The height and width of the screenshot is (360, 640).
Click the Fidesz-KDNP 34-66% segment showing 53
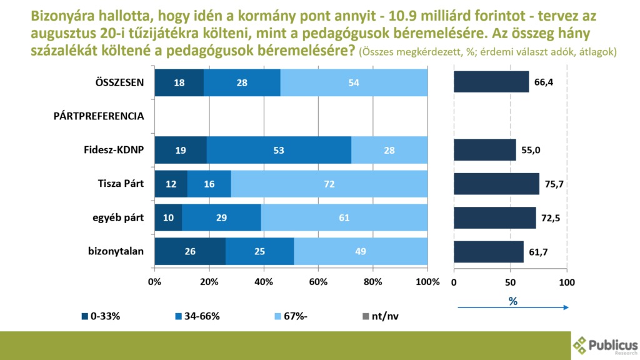click(279, 150)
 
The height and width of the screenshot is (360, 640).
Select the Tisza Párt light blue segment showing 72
click(329, 184)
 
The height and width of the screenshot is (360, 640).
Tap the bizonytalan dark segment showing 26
click(190, 251)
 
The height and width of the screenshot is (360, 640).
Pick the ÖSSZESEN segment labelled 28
click(242, 82)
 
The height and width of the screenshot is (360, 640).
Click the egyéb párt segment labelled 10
click(168, 217)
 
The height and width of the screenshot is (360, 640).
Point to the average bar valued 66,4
click(491, 82)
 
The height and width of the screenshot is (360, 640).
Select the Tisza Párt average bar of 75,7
click(496, 184)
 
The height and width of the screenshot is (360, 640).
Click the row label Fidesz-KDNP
click(114, 151)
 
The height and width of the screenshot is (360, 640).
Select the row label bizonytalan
click(116, 252)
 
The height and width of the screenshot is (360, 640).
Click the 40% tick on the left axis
click(264, 282)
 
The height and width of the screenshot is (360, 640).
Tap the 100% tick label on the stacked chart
click(427, 282)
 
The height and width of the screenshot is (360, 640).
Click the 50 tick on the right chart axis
click(510, 282)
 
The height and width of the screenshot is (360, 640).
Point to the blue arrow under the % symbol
click(512, 307)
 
